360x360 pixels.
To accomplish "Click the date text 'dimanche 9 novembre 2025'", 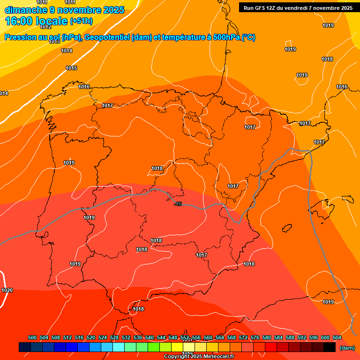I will (64, 10).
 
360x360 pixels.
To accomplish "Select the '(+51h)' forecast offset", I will (81, 21).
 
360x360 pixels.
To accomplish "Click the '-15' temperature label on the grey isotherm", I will (177, 203).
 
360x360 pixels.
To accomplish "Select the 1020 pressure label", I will (7, 290).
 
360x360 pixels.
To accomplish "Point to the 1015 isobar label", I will (71, 68).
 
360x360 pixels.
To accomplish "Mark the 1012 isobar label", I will (45, 27).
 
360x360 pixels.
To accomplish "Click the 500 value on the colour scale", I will (32, 337).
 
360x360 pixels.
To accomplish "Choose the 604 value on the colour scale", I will (337, 337).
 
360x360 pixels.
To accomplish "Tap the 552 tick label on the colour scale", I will (185, 337).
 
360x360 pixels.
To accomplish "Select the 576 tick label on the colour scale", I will (255, 337).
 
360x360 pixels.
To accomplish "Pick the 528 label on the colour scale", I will (114, 337).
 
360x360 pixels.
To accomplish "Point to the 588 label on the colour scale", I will (290, 337).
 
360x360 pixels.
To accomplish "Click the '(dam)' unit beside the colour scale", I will (347, 347).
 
